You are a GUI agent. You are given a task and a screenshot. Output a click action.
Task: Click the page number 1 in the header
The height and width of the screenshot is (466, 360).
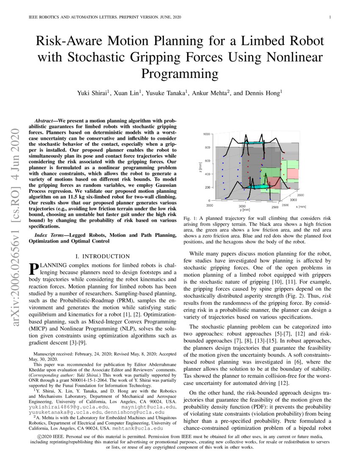(x=330, y=17)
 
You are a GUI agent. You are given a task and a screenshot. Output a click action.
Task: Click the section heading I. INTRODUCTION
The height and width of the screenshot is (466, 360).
(x=102, y=256)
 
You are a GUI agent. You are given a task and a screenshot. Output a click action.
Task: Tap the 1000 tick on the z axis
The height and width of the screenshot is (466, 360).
(x=206, y=134)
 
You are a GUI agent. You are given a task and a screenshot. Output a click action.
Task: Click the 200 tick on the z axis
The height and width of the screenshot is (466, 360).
(x=208, y=187)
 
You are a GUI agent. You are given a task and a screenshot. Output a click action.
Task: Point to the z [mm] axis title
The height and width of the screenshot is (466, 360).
(x=198, y=167)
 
